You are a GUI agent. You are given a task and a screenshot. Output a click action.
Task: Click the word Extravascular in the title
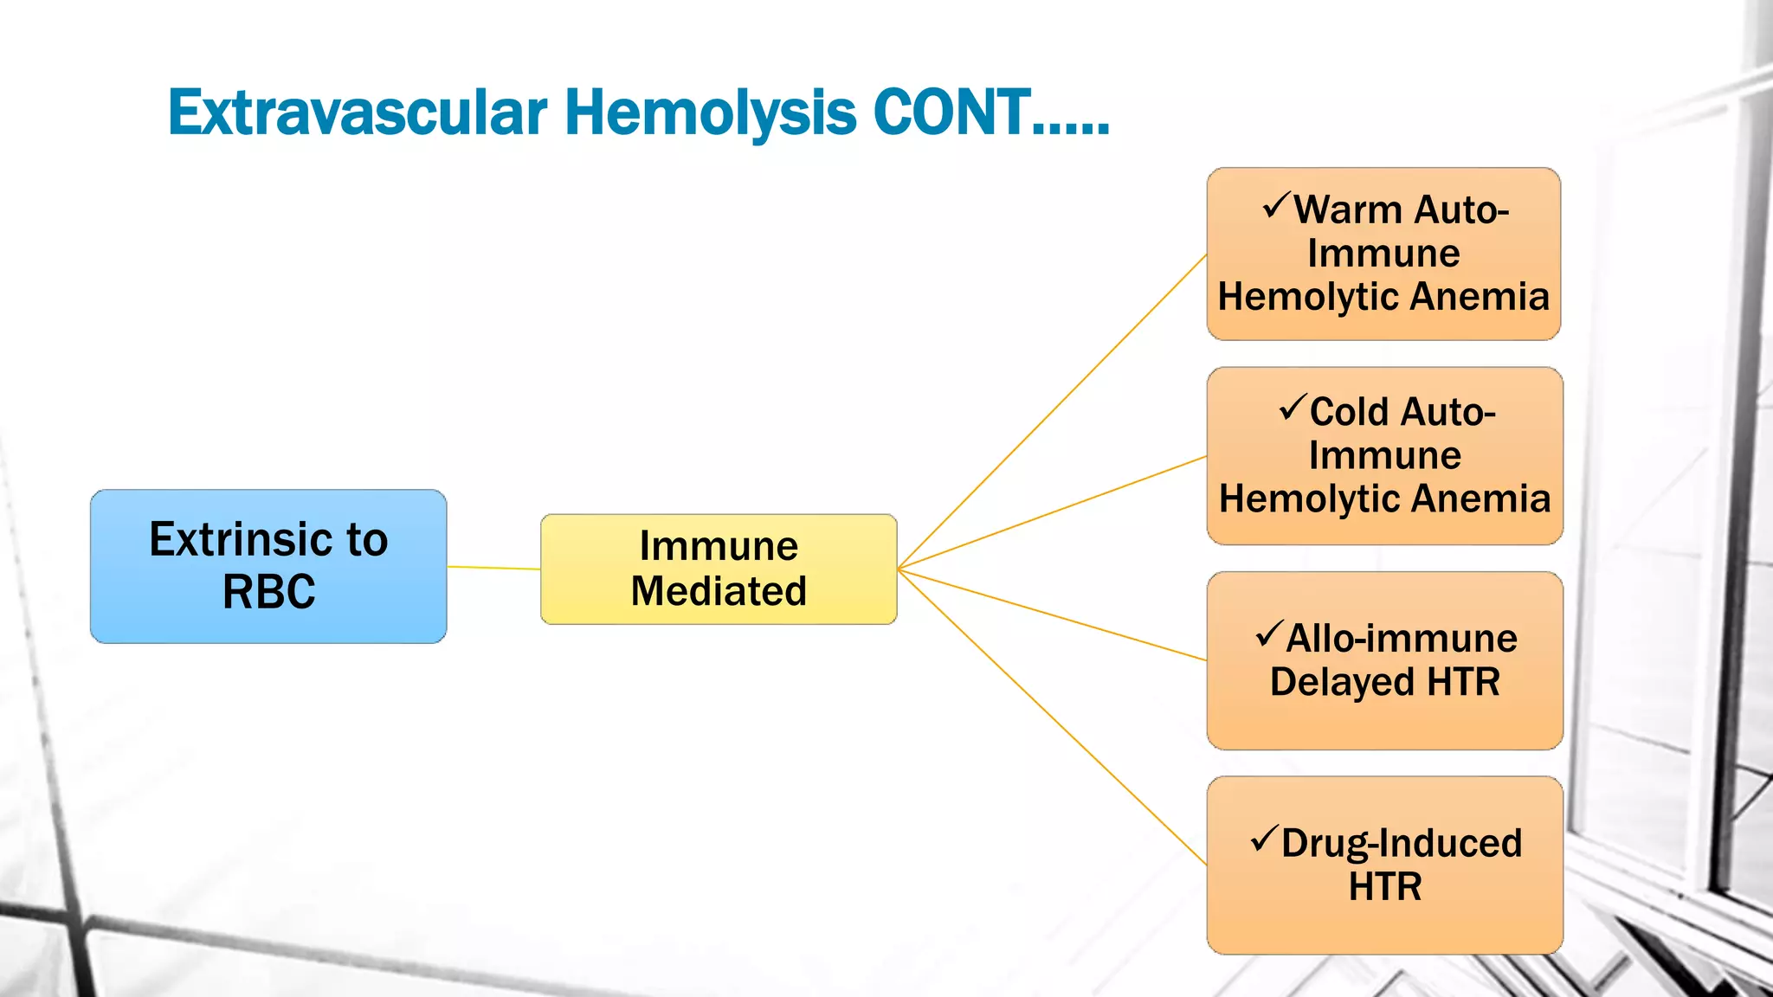(x=357, y=113)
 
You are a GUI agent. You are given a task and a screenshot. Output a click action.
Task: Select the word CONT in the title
(x=952, y=113)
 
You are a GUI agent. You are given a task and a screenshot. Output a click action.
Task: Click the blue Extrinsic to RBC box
(x=268, y=566)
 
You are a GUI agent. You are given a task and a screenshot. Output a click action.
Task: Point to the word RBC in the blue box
(x=268, y=593)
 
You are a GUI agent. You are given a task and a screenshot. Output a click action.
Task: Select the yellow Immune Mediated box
(x=719, y=569)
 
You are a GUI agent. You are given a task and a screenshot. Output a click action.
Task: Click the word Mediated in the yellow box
(x=719, y=592)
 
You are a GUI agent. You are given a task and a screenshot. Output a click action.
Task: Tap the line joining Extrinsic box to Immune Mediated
(x=493, y=568)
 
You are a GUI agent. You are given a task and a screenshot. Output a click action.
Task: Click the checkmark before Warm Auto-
(x=1276, y=206)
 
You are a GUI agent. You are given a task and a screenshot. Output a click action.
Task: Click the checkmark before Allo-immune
(x=1268, y=634)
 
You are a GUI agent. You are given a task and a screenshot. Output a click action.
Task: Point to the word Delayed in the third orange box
(x=1341, y=682)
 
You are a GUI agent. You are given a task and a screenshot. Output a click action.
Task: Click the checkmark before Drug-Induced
(x=1264, y=839)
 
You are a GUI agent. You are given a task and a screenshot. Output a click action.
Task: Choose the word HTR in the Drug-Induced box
(x=1385, y=887)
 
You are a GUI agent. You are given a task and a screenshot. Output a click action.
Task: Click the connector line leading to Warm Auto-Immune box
(x=1052, y=413)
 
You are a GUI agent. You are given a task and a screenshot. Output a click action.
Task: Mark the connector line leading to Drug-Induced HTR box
(x=1052, y=717)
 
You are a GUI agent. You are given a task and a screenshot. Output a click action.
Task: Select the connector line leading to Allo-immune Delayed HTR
(x=1052, y=614)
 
